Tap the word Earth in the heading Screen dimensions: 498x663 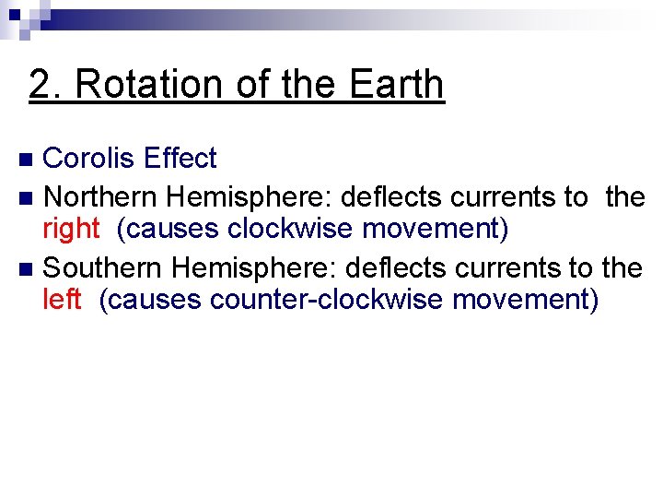[397, 85]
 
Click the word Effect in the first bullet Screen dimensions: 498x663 [180, 159]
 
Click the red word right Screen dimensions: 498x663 [70, 229]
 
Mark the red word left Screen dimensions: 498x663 [62, 300]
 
